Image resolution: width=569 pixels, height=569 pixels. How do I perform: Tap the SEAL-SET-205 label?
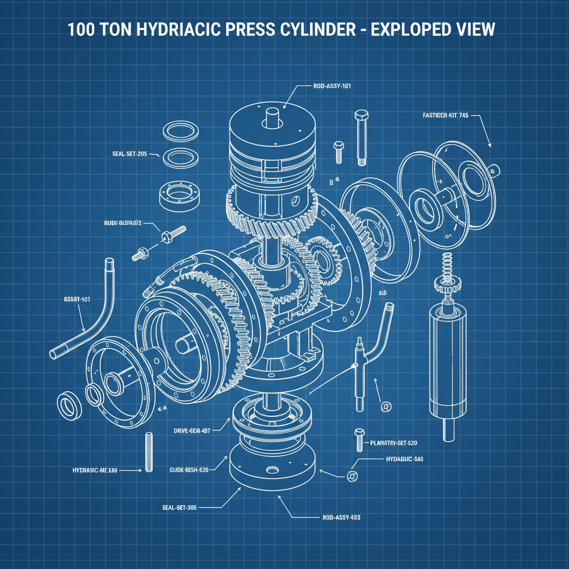[x=129, y=154]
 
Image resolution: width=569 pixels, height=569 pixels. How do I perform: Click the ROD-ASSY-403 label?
[x=341, y=517]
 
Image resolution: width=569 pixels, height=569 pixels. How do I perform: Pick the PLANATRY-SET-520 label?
[x=393, y=443]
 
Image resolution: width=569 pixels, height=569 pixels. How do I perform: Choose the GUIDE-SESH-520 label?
[x=188, y=470]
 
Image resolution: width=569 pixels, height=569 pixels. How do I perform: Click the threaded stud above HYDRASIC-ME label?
[x=148, y=452]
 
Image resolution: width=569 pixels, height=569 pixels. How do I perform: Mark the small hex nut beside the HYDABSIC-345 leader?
[x=351, y=476]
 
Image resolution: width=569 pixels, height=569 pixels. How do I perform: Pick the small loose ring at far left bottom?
[x=68, y=406]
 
